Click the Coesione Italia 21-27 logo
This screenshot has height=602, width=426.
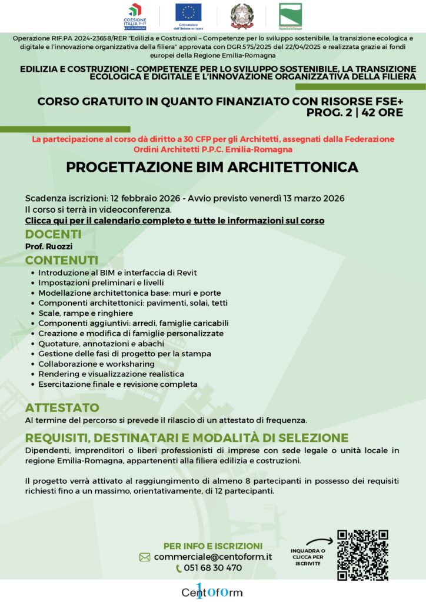pyautogui.click(x=138, y=16)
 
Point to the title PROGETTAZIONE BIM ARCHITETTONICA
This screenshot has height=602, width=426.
pyautogui.click(x=212, y=168)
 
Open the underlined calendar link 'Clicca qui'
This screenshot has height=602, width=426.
pyautogui.click(x=175, y=220)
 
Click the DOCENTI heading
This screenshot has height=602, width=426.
pyautogui.click(x=53, y=235)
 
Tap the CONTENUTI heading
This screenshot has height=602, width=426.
pyautogui.click(x=61, y=260)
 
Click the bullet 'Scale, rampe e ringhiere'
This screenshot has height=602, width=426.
pyautogui.click(x=86, y=313)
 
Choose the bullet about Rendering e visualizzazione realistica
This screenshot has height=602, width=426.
pyautogui.click(x=111, y=374)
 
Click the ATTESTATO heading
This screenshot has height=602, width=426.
pyautogui.click(x=62, y=407)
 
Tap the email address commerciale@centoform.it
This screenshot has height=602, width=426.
pyautogui.click(x=213, y=557)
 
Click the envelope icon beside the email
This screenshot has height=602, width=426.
pyautogui.click(x=145, y=557)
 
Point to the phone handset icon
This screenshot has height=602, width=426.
pyautogui.click(x=179, y=568)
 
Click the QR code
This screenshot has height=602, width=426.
pyautogui.click(x=362, y=555)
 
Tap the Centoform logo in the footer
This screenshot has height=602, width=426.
pyautogui.click(x=212, y=591)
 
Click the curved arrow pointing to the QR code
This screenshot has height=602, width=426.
pyautogui.click(x=320, y=542)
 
